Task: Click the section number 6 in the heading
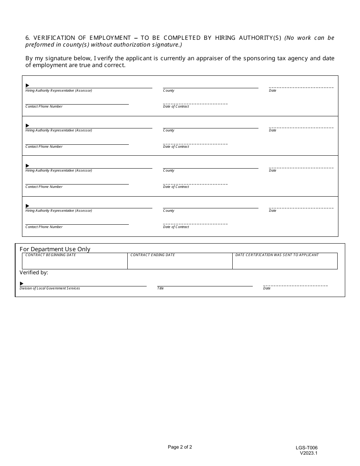point(27,38)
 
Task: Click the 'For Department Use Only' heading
point(55,249)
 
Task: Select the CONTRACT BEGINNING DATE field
point(75,261)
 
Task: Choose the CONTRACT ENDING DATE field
point(180,261)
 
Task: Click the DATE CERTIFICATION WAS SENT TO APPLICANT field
point(285,261)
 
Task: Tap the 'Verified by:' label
point(34,272)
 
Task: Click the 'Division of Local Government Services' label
point(50,288)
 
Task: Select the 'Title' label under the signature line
point(161,288)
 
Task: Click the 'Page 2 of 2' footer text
point(180,447)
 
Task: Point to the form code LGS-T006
point(307,448)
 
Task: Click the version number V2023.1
point(308,453)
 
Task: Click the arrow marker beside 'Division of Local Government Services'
point(22,283)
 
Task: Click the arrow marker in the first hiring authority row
point(27,86)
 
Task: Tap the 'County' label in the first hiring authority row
point(169,91)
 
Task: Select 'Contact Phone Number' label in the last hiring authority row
point(44,227)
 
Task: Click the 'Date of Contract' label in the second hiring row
point(176,147)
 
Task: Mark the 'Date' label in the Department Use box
point(267,288)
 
